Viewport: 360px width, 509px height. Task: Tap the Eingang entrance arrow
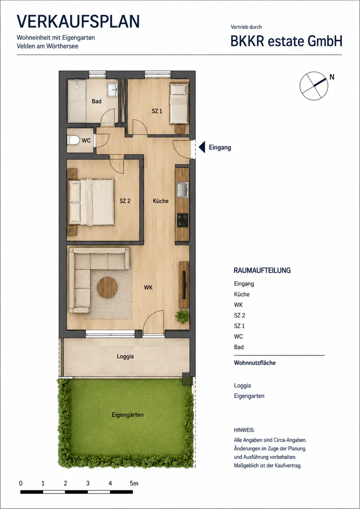(202, 147)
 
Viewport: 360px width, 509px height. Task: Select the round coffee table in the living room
(107, 288)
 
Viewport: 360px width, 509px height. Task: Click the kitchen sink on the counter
(182, 189)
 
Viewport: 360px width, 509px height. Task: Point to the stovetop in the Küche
(183, 220)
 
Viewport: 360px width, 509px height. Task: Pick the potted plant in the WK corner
(182, 316)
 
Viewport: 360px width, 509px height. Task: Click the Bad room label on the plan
(97, 101)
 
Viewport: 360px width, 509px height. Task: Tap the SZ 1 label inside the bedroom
(157, 111)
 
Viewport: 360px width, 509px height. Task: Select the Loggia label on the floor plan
(125, 356)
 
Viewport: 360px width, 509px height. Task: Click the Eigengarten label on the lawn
(128, 415)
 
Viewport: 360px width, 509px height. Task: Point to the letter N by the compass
(332, 77)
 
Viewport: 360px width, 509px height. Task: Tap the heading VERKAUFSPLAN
(78, 22)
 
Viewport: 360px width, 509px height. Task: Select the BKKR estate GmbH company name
(286, 41)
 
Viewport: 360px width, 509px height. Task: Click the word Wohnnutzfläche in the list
(255, 363)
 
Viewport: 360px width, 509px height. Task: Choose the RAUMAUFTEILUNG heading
(262, 271)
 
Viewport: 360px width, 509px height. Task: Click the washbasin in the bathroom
(113, 90)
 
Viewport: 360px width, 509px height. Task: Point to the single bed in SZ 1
(179, 103)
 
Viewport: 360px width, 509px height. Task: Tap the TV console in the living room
(184, 285)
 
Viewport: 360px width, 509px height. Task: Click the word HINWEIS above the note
(244, 430)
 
